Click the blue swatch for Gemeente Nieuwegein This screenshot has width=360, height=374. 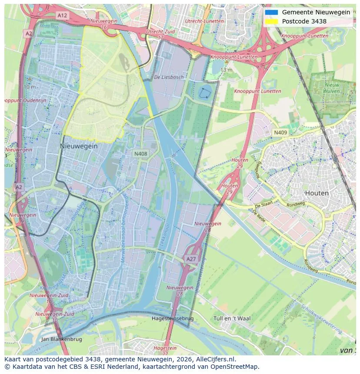[x=271, y=12]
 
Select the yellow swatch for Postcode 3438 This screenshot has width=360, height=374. [x=271, y=21]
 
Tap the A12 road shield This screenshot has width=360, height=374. [x=62, y=15]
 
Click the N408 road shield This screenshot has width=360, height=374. [x=140, y=154]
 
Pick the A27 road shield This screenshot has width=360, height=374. [x=191, y=259]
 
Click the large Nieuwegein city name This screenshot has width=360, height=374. [x=79, y=146]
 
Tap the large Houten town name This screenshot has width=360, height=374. [x=317, y=193]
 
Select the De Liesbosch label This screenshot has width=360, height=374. [x=169, y=77]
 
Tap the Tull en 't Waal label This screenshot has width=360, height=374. [x=232, y=318]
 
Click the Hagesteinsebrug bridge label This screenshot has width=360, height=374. [x=173, y=318]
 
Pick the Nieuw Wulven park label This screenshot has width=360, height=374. [x=332, y=88]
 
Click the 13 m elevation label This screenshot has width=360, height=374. [x=226, y=70]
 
